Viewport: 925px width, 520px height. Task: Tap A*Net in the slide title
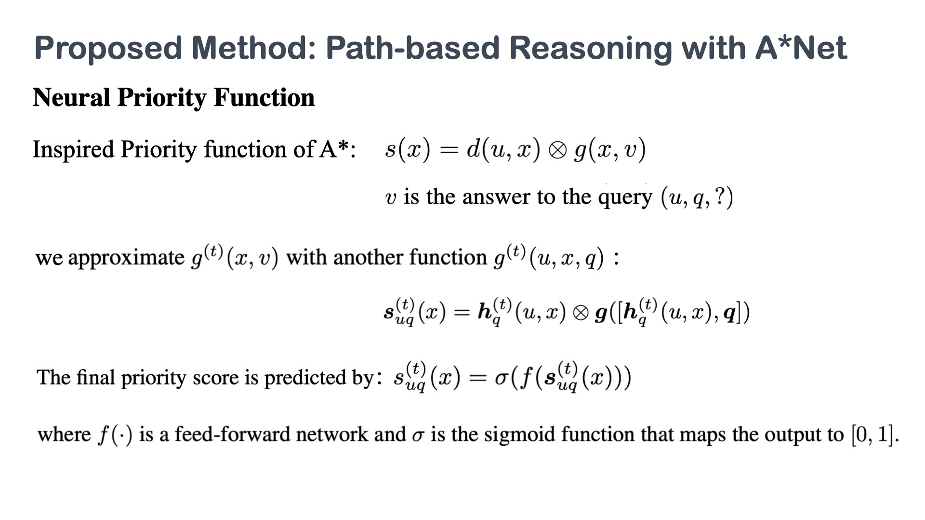pyautogui.click(x=801, y=48)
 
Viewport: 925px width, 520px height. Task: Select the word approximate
pyautogui.click(x=126, y=258)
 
